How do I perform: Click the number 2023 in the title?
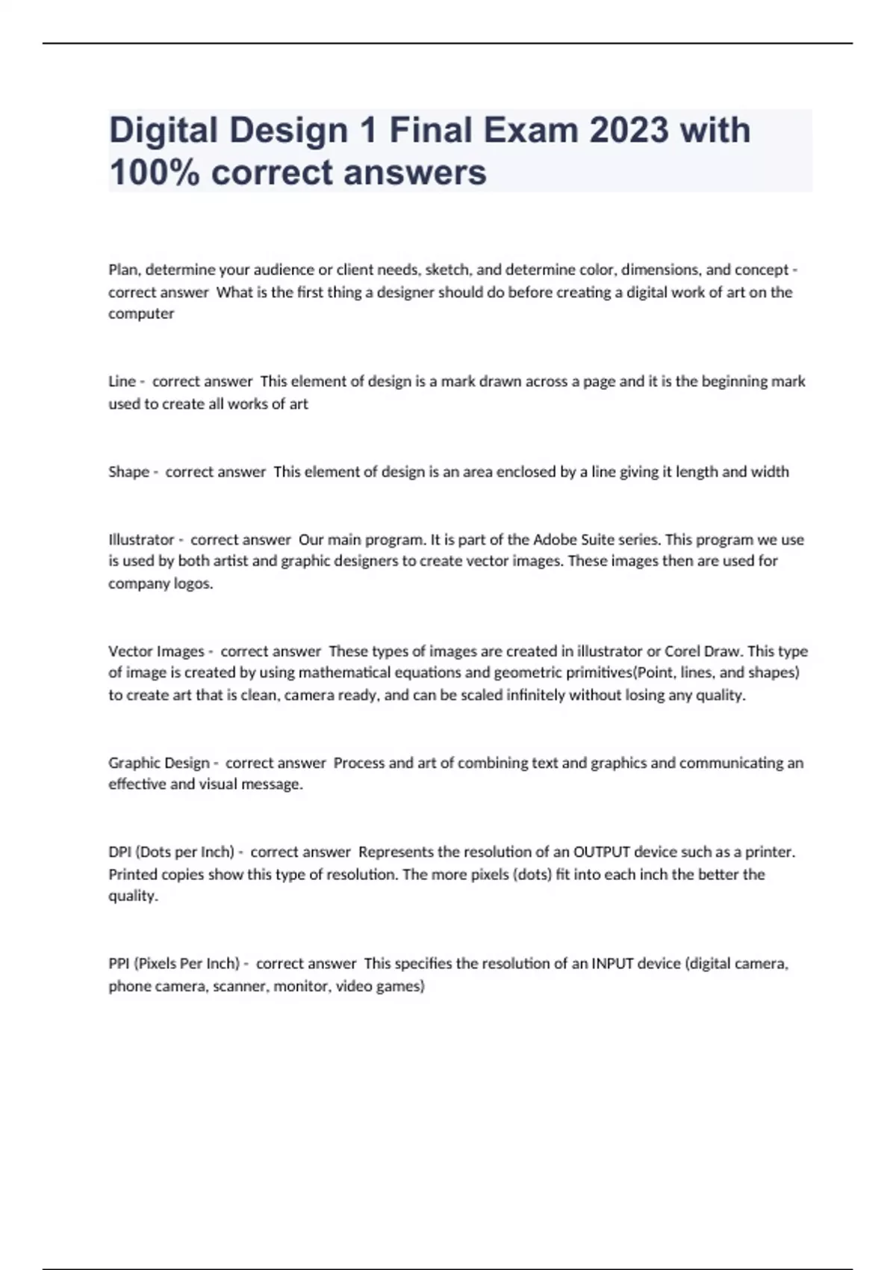629,130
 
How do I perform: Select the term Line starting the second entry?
122,382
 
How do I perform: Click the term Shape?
128,472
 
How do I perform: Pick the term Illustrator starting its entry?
141,539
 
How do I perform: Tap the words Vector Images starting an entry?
156,651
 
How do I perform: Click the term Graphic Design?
159,763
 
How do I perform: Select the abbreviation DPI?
119,852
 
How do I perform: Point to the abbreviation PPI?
119,964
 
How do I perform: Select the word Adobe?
553,539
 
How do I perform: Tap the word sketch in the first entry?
447,270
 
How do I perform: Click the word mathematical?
342,673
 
